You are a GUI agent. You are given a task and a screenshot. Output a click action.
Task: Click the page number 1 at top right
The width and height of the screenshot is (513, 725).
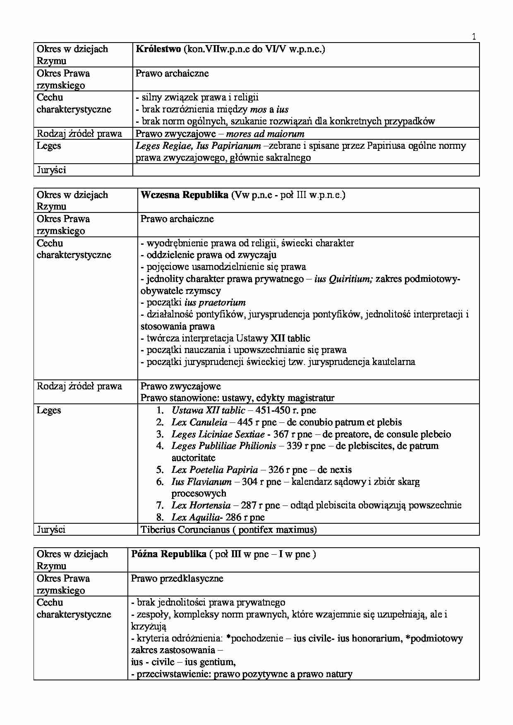pos(474,36)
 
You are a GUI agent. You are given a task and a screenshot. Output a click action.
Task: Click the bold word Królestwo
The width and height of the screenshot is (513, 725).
pos(158,49)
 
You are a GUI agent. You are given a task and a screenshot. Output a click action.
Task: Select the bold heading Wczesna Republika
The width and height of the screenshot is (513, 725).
pos(184,195)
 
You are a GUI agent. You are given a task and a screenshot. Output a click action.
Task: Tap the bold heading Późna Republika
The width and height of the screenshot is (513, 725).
pos(169,554)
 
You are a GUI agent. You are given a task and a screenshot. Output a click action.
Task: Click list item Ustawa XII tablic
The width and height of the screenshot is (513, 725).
pos(208,410)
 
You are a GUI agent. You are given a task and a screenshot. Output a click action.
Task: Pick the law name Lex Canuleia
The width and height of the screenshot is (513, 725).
pos(199,422)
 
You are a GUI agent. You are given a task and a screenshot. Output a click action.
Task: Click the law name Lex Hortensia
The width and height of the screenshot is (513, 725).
pos(201,506)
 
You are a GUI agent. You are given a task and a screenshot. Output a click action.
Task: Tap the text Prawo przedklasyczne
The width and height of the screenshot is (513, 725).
pos(177,579)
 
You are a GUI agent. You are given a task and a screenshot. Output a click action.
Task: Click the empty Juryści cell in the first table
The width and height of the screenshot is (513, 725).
pos(306,170)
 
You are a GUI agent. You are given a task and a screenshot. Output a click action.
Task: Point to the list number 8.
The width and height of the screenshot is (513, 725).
pos(160,518)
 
